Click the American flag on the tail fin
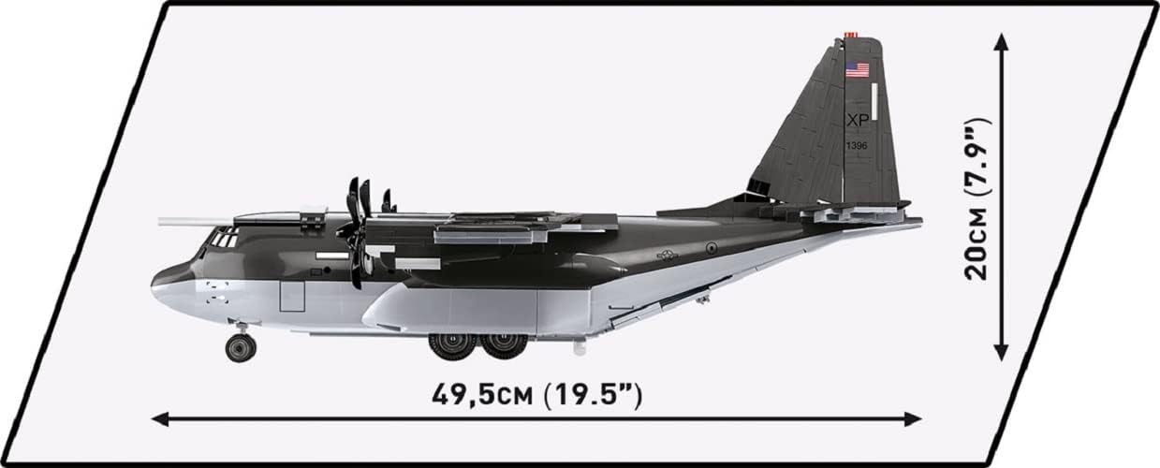click(x=857, y=69)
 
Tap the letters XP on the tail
click(x=858, y=121)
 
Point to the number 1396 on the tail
click(x=857, y=145)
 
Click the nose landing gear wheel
click(x=241, y=347)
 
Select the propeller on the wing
click(x=357, y=229)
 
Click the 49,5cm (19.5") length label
click(x=536, y=394)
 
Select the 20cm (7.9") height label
click(x=978, y=198)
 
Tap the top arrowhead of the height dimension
click(x=1002, y=42)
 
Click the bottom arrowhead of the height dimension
click(x=1002, y=353)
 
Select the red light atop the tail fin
click(x=850, y=35)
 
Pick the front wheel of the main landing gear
click(x=453, y=345)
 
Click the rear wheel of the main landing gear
click(x=506, y=345)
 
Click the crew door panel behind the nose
click(x=292, y=297)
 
